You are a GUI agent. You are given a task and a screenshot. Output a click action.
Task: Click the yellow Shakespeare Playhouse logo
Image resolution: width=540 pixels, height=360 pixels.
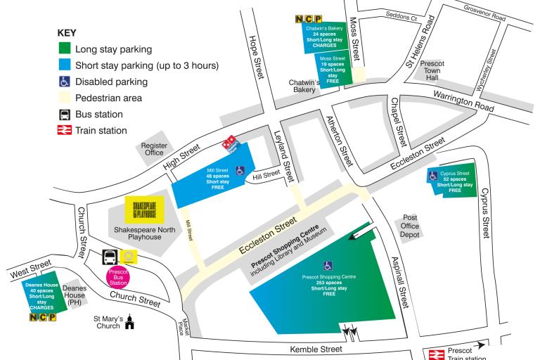144,208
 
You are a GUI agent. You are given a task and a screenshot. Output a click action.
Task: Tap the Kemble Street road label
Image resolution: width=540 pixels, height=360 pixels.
315,349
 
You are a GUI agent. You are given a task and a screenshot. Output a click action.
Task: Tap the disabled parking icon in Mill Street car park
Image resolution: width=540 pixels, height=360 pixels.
240,170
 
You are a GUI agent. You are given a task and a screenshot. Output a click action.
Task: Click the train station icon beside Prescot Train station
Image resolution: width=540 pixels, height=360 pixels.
434,354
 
